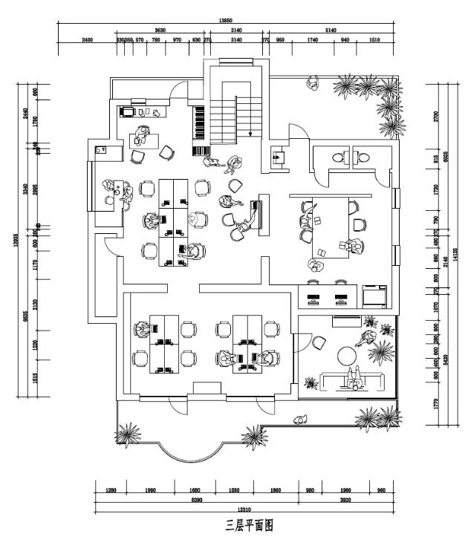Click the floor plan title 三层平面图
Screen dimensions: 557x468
click(250, 526)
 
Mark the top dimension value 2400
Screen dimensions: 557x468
click(87, 40)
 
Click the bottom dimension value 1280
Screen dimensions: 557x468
click(111, 490)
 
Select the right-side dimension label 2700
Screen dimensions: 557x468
click(437, 116)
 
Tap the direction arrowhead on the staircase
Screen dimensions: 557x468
click(250, 134)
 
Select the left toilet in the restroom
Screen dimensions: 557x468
click(339, 157)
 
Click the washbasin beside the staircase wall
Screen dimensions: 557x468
click(278, 157)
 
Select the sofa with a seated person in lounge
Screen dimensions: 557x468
click(354, 380)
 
